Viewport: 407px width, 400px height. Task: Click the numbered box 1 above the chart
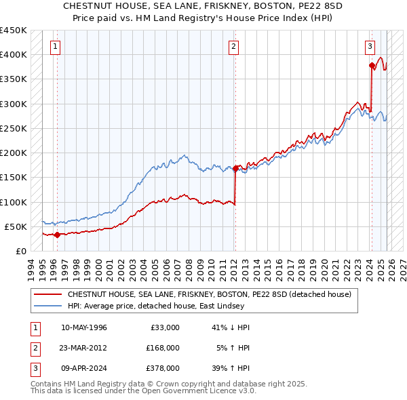pyautogui.click(x=55, y=47)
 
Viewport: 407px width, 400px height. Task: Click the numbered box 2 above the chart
pyautogui.click(x=233, y=47)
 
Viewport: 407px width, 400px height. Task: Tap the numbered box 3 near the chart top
pyautogui.click(x=370, y=47)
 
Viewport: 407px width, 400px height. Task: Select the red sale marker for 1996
pyautogui.click(x=57, y=235)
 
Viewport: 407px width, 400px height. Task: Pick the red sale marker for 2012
pyautogui.click(x=235, y=168)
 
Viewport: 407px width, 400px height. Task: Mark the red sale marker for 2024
pyautogui.click(x=372, y=66)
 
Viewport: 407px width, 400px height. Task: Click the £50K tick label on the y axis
pyautogui.click(x=16, y=226)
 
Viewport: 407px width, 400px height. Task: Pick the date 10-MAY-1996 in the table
pyautogui.click(x=84, y=327)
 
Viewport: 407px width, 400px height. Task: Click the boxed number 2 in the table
pyautogui.click(x=34, y=347)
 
